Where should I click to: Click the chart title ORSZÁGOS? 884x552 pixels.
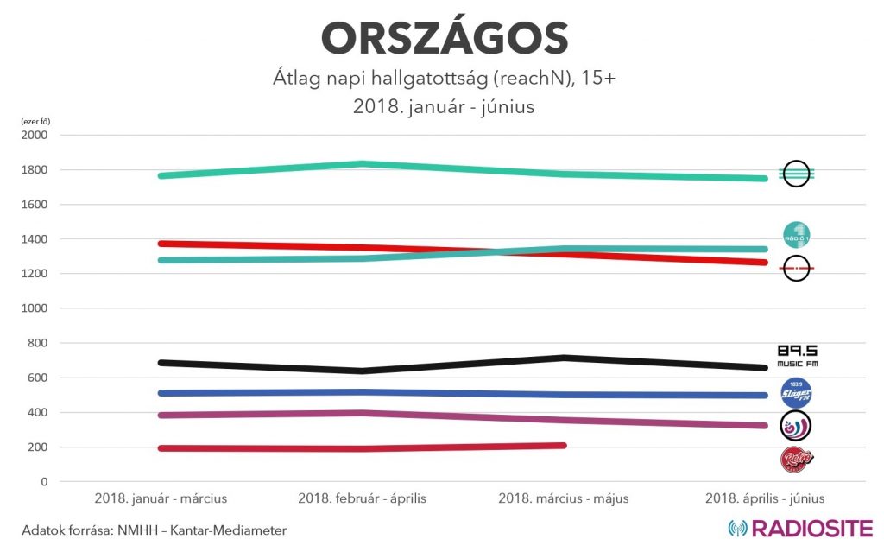click(x=444, y=39)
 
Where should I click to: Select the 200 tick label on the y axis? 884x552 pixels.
click(x=40, y=447)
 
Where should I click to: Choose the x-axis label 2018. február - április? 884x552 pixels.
click(x=362, y=498)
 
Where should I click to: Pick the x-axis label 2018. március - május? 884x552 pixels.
click(x=564, y=498)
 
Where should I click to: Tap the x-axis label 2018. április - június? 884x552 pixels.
click(x=765, y=498)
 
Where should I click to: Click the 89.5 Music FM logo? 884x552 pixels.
click(x=797, y=355)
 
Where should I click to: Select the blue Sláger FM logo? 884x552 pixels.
click(x=796, y=393)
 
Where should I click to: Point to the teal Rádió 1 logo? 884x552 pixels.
click(x=796, y=234)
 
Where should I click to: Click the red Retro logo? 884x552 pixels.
click(x=796, y=459)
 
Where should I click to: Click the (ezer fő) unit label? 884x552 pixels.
click(x=35, y=121)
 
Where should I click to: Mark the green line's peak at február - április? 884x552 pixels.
click(x=362, y=164)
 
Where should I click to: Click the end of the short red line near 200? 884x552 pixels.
click(x=563, y=446)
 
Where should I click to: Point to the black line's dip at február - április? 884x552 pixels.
click(x=362, y=371)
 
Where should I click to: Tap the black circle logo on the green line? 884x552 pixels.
click(x=795, y=174)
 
